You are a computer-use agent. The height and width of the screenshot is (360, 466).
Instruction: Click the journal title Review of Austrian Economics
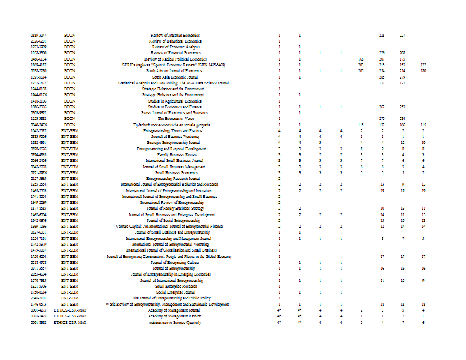tap(175, 36)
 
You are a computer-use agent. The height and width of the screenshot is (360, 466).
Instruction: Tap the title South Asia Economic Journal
tap(175, 77)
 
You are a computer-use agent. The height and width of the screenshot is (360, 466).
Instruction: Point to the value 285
tap(382, 77)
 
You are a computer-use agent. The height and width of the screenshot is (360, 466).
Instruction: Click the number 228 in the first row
tap(382, 36)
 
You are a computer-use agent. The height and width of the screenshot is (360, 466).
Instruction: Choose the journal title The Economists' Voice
tap(175, 119)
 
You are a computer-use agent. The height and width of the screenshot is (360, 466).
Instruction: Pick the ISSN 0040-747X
tap(38, 125)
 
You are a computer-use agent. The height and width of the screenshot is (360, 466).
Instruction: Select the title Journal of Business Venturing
tap(175, 137)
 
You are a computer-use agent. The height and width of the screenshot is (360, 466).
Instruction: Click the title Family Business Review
tap(175, 154)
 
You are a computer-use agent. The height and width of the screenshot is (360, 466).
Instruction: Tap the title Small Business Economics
tap(175, 172)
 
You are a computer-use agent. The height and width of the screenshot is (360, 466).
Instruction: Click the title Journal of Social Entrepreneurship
tap(175, 220)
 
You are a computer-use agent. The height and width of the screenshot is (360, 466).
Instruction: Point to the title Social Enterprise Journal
tap(175, 292)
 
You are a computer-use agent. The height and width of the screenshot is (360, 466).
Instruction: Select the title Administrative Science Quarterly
tap(175, 322)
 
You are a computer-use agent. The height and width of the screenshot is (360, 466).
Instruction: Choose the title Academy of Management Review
tap(175, 316)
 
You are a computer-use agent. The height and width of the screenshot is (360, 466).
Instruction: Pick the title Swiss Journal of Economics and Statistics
tap(175, 112)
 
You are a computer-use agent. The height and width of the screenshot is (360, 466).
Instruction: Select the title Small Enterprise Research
tap(175, 286)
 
